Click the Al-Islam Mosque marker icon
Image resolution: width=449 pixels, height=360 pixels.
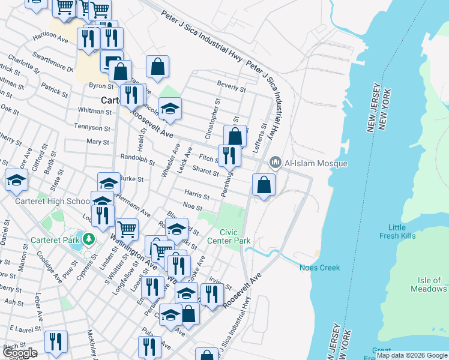[276, 162]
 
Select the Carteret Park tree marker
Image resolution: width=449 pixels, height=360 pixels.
[89, 239]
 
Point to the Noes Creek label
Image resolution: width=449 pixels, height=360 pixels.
[320, 268]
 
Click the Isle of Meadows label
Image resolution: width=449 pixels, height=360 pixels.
[429, 284]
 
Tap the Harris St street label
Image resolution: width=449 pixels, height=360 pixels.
[197, 196]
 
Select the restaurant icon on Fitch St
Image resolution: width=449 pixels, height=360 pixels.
[229, 155]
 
